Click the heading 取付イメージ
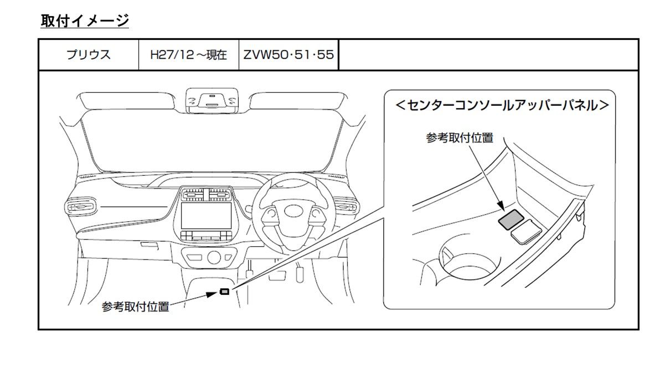pos(85,21)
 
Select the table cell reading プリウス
pos(88,55)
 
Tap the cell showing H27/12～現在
pos(189,55)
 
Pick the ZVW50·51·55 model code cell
pos(288,55)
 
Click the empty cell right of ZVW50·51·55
pos(488,55)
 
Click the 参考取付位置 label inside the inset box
pos(459,138)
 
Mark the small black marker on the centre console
pos(224,291)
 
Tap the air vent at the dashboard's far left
pos(79,207)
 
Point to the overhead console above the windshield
pos(212,100)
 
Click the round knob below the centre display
pos(213,257)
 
